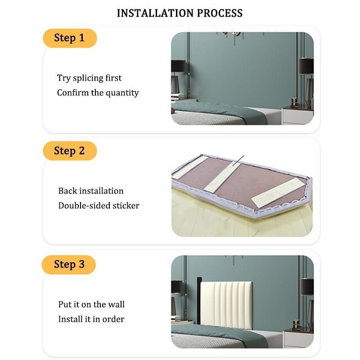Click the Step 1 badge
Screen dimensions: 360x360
[x=70, y=38]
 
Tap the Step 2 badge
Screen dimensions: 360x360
[x=70, y=151]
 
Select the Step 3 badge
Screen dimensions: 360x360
[x=69, y=265]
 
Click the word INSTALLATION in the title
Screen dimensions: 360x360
[x=155, y=13]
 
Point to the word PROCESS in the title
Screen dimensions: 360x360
[x=220, y=13]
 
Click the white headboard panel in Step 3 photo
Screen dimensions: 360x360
[x=226, y=305]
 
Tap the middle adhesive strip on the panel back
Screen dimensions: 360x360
[x=222, y=178]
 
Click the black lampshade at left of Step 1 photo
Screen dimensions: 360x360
[x=178, y=66]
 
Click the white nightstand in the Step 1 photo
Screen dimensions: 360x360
[x=297, y=116]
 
